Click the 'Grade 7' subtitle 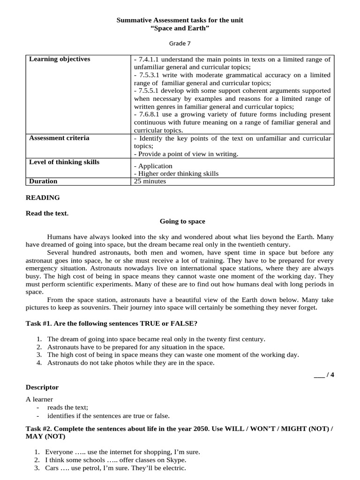(180, 43)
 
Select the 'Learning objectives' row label (60, 59)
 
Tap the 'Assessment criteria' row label (59, 138)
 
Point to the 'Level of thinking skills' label (64, 162)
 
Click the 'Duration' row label (43, 181)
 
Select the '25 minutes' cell (150, 181)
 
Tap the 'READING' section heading (43, 198)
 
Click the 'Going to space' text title (182, 221)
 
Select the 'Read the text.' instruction (47, 213)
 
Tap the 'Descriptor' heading (42, 388)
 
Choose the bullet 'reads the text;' (67, 407)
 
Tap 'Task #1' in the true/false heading (38, 324)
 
